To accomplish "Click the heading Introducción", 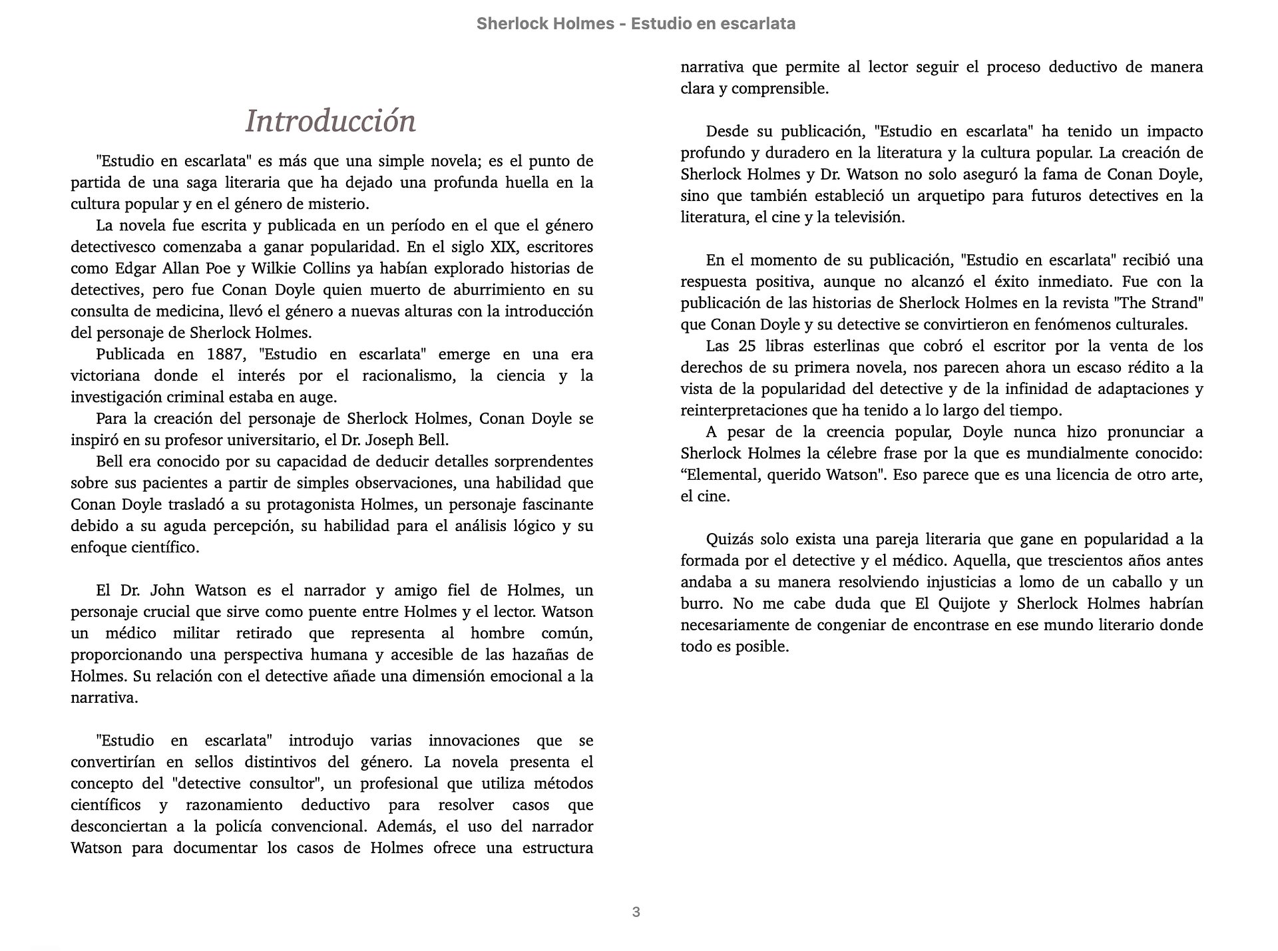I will [x=330, y=121].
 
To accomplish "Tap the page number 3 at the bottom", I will [x=636, y=912].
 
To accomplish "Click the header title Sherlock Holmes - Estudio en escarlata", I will [x=636, y=24].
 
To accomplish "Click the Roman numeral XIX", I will [x=503, y=247].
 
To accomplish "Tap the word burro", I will [x=701, y=604].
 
